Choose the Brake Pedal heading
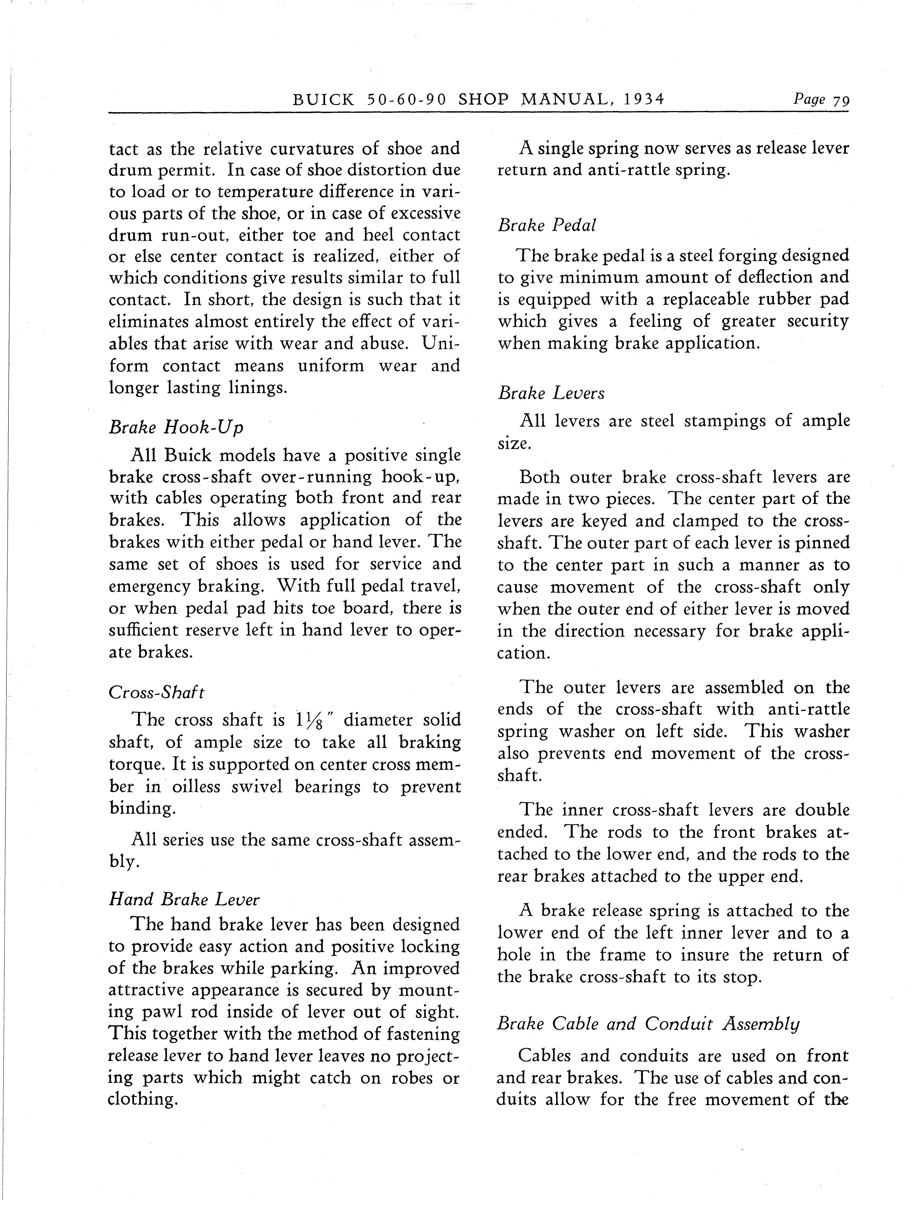point(547,225)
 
